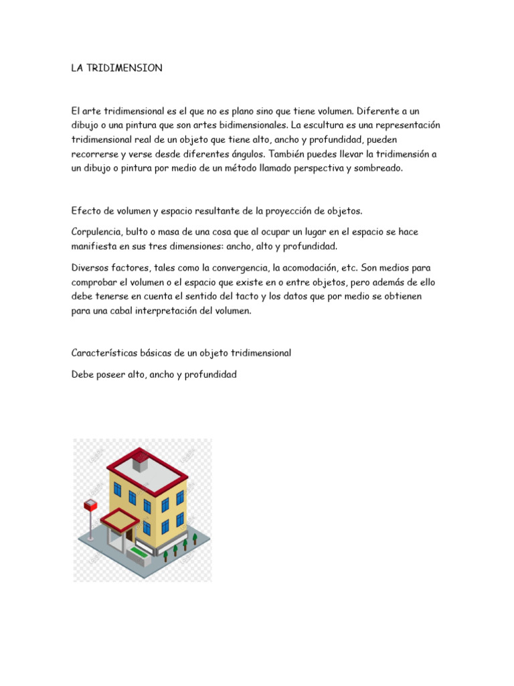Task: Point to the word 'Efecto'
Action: [85, 211]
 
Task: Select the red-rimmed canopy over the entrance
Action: [119, 518]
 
